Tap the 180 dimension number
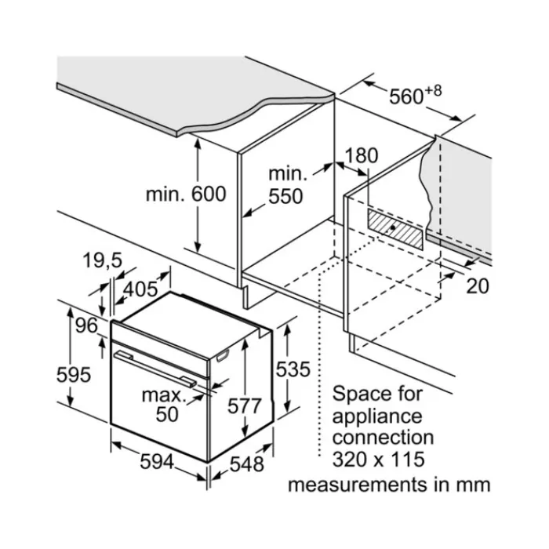pyautogui.click(x=362, y=156)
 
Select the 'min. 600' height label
pyautogui.click(x=186, y=194)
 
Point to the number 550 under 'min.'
pyautogui.click(x=285, y=196)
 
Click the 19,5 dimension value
pyautogui.click(x=102, y=261)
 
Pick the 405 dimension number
pyautogui.click(x=141, y=289)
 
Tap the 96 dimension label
pyautogui.click(x=86, y=325)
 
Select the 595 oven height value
pyautogui.click(x=74, y=375)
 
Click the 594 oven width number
pyautogui.click(x=157, y=461)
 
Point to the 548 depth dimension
pyautogui.click(x=247, y=464)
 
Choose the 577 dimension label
pyautogui.click(x=245, y=406)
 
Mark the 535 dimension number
pyautogui.click(x=293, y=369)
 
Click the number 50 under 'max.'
pyautogui.click(x=167, y=414)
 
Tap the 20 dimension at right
pyautogui.click(x=478, y=286)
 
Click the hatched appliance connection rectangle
pyautogui.click(x=395, y=229)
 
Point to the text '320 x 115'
pyautogui.click(x=378, y=460)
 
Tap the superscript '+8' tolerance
pyautogui.click(x=434, y=91)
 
